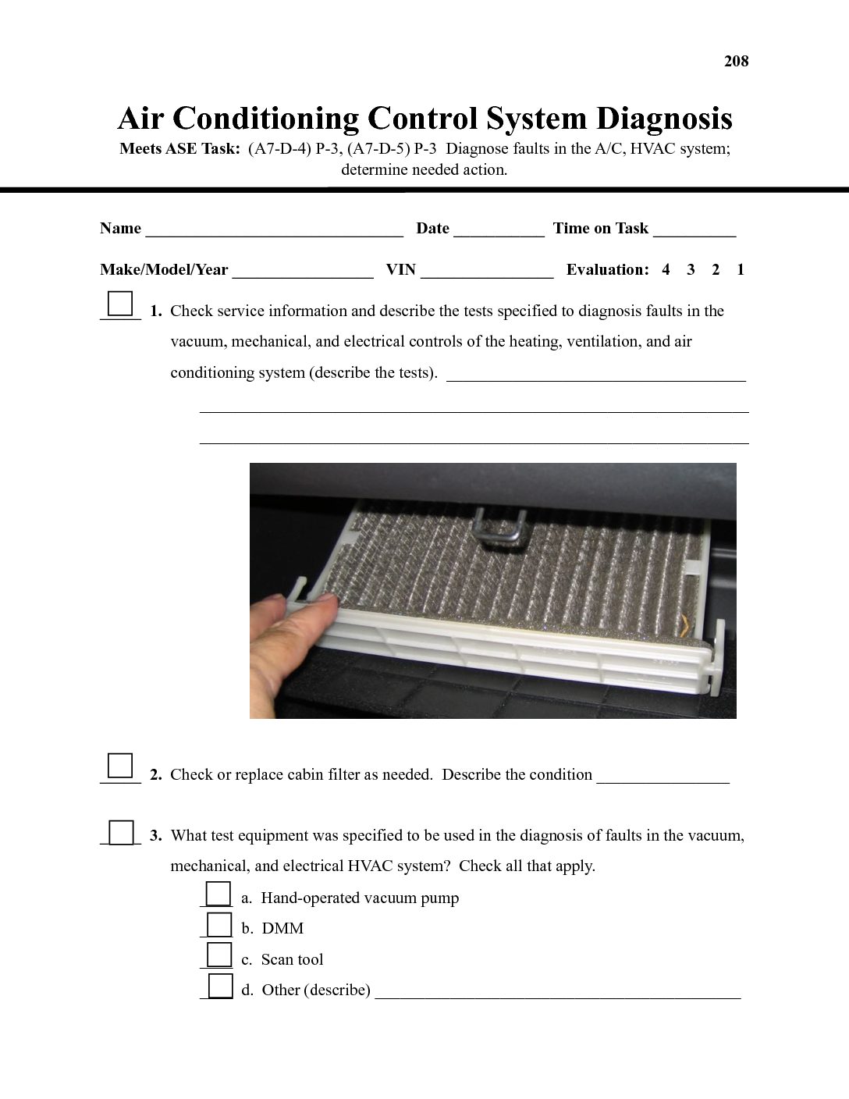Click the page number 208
point(736,62)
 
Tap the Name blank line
point(274,229)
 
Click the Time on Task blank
point(694,229)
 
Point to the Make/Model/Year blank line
point(302,271)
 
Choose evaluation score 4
point(666,270)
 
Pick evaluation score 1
point(741,270)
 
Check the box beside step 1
point(120,304)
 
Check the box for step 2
point(120,766)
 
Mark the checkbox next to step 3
point(121,832)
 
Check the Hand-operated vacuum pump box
point(218,894)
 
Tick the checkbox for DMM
point(219,924)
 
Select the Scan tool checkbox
point(219,955)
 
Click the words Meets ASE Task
point(179,149)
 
